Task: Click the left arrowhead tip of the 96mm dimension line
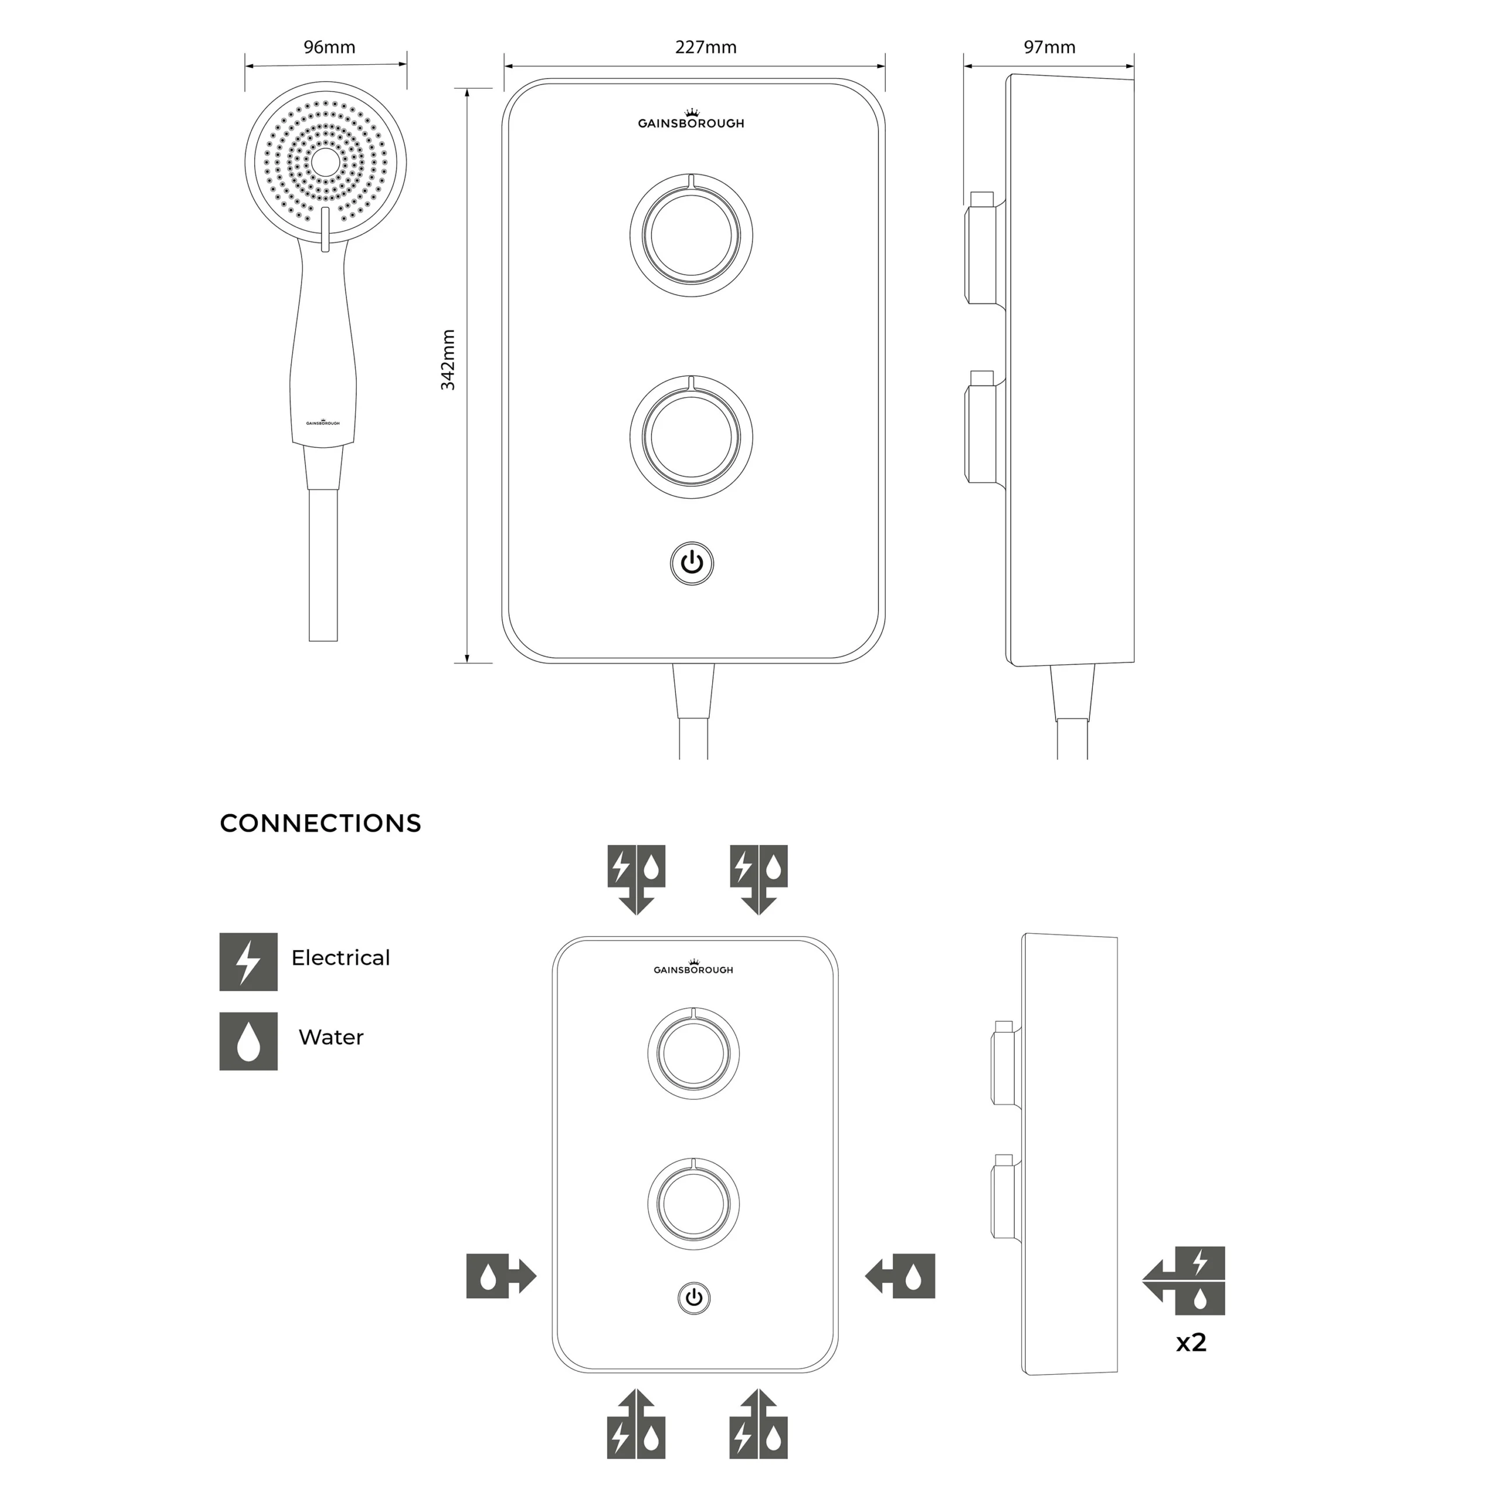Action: [246, 66]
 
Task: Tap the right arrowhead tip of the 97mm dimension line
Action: [1134, 66]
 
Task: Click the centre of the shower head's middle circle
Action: [325, 162]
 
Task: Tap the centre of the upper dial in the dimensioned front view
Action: [692, 235]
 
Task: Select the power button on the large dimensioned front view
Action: [692, 563]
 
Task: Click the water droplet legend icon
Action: [248, 1041]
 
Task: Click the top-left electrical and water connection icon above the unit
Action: [636, 880]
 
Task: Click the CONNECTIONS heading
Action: [321, 823]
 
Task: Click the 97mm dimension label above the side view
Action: [1049, 47]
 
